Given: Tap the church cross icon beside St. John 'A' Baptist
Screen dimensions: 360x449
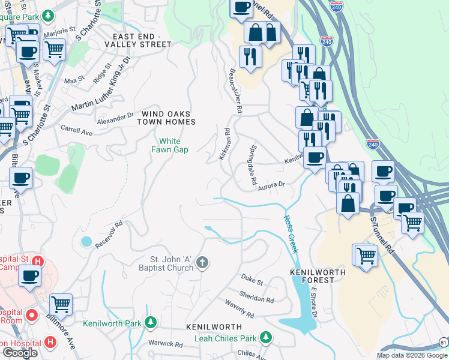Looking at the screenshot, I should click(x=203, y=262).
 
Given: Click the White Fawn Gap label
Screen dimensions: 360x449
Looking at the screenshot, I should click(x=169, y=145).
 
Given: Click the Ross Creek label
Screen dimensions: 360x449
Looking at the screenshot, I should click(x=291, y=234).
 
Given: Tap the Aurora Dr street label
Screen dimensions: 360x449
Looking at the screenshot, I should click(x=271, y=186).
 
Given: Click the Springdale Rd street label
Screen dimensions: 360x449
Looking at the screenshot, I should click(x=253, y=164).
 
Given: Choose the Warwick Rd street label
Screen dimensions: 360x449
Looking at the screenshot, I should click(x=166, y=344).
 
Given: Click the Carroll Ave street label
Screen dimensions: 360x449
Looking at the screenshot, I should click(x=76, y=130).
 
